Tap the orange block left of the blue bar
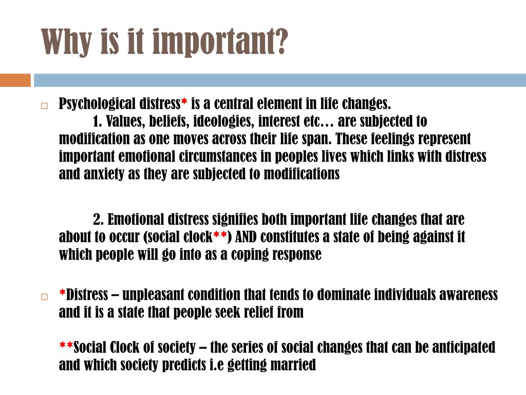[x=15, y=80]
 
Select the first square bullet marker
[x=44, y=106]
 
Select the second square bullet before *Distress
[x=44, y=297]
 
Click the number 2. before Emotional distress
[x=99, y=220]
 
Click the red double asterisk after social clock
[x=220, y=235]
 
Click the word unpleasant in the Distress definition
[x=153, y=295]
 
